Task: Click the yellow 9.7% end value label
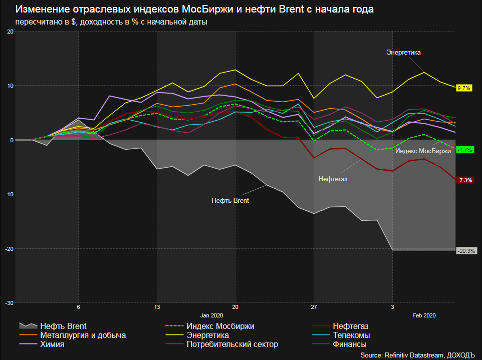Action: pos(464,88)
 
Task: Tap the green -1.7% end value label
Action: pos(465,150)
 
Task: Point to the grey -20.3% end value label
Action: pos(466,251)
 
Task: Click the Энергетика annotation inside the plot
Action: pos(404,52)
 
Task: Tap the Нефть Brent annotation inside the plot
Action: pos(230,200)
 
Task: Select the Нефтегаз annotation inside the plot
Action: pos(333,178)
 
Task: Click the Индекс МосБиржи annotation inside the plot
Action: pos(423,151)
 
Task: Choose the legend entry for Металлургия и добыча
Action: pos(83,335)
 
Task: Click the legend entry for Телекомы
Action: pos(351,335)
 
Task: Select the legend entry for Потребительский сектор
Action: pos(232,344)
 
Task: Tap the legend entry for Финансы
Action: pos(349,344)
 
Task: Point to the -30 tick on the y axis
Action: pos(10,303)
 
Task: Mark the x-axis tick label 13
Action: pos(157,306)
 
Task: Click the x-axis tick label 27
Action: pos(314,306)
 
